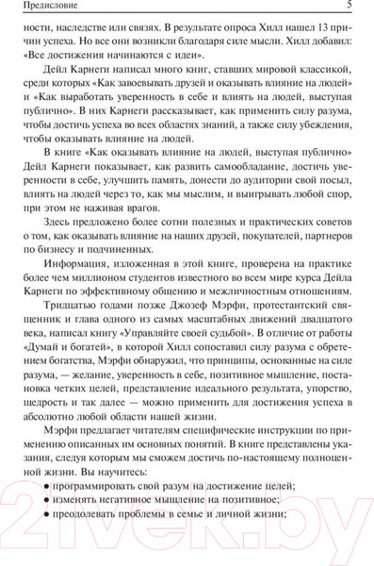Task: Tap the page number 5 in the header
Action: pos(350,8)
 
